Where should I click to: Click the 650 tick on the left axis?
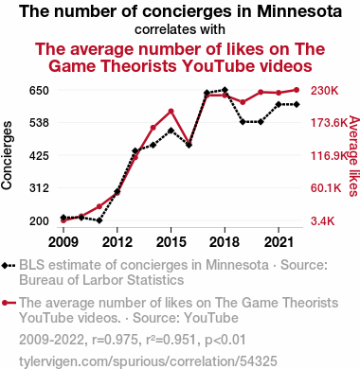pyautogui.click(x=39, y=91)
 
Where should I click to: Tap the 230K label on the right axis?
pyautogui.click(x=324, y=91)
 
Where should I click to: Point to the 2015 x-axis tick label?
pyautogui.click(x=171, y=242)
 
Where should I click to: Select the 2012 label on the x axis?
pyautogui.click(x=117, y=242)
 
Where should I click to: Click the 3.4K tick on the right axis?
pyautogui.click(x=322, y=221)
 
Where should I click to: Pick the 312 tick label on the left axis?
pyautogui.click(x=39, y=188)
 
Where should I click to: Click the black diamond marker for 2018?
pyautogui.click(x=225, y=90)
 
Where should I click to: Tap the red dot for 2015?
pyautogui.click(x=171, y=112)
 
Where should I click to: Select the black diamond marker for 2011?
pyautogui.click(x=99, y=220)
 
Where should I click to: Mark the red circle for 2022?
pyautogui.click(x=297, y=90)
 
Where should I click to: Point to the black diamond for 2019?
pyautogui.click(x=243, y=122)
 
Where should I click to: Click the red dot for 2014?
pyautogui.click(x=153, y=128)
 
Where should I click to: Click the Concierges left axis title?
pyautogui.click(x=7, y=155)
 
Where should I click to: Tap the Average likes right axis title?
pyautogui.click(x=354, y=156)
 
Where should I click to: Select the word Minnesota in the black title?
pyautogui.click(x=299, y=11)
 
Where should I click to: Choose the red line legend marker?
pyautogui.click(x=9, y=303)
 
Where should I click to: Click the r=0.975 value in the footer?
pyautogui.click(x=116, y=340)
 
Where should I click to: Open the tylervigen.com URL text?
pyautogui.click(x=148, y=361)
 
